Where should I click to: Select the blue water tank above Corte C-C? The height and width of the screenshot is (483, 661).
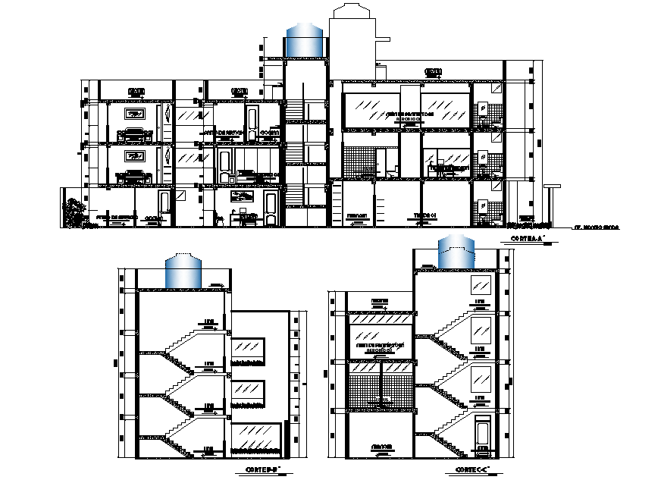[456, 252]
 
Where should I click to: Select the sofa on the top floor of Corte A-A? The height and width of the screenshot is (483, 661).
[135, 134]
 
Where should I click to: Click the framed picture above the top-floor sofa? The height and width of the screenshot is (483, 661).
[136, 115]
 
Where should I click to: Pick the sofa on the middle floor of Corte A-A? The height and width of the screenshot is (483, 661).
[135, 176]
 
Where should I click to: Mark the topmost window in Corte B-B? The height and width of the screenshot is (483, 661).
[249, 348]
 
